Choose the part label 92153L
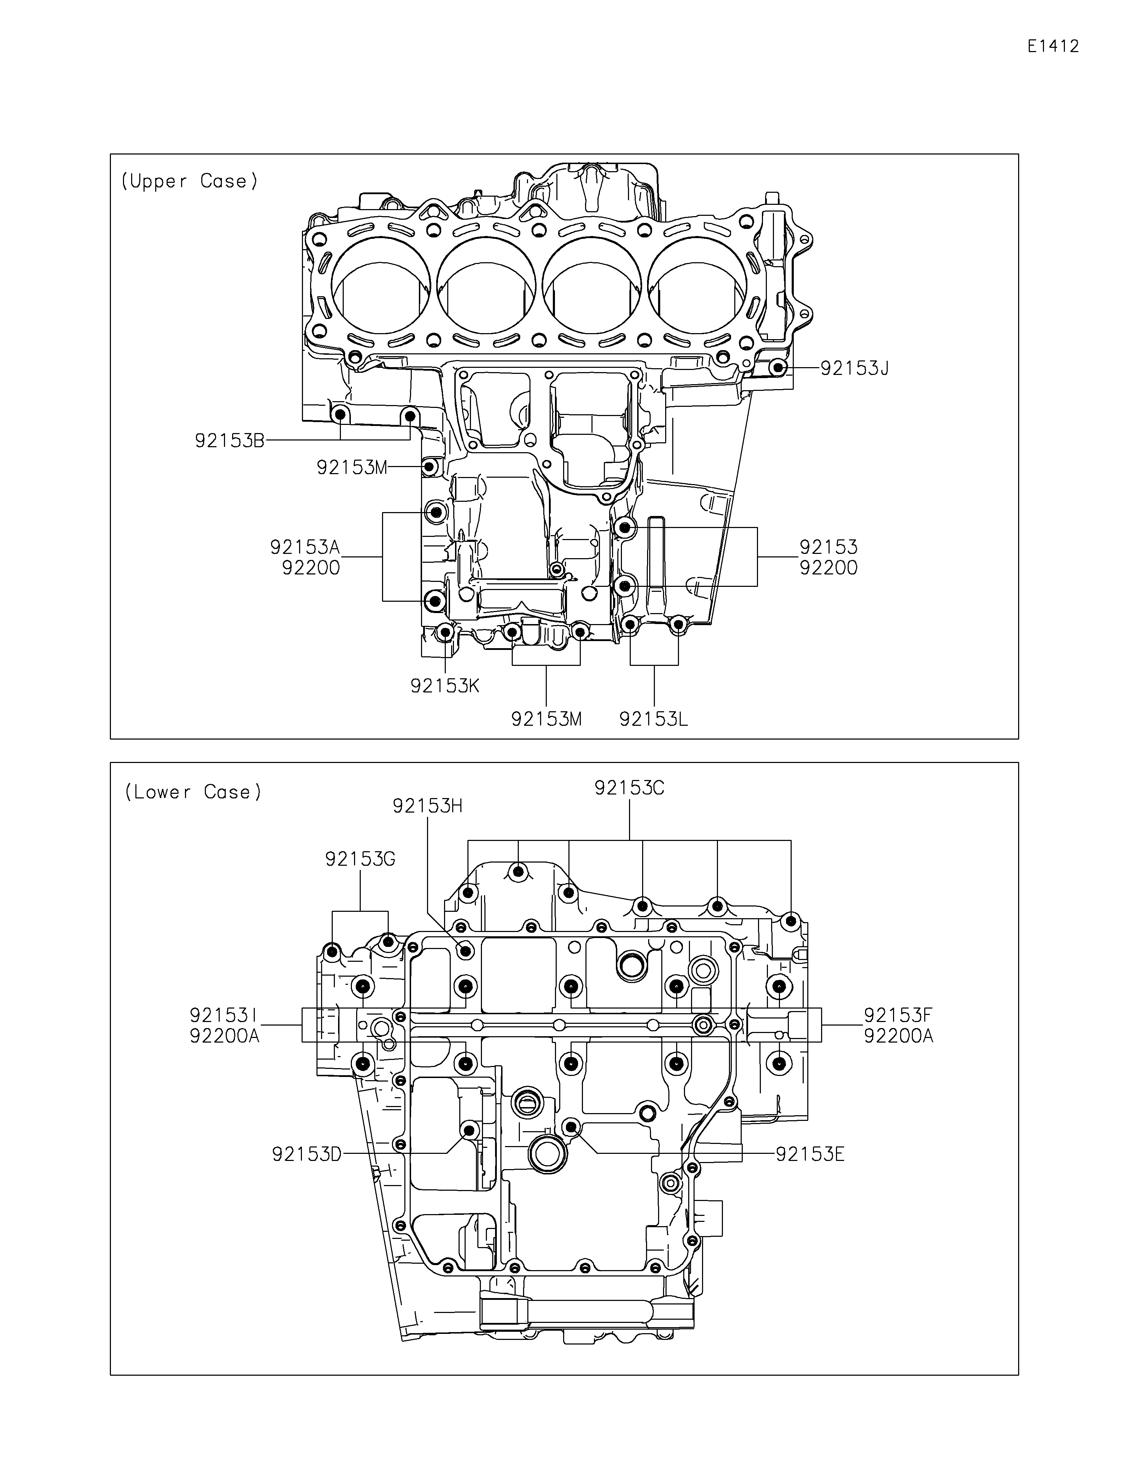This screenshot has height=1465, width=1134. point(654,719)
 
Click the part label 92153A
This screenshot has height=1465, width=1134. point(305,548)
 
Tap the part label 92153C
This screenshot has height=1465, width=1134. point(630,788)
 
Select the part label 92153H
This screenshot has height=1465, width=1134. point(428,806)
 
